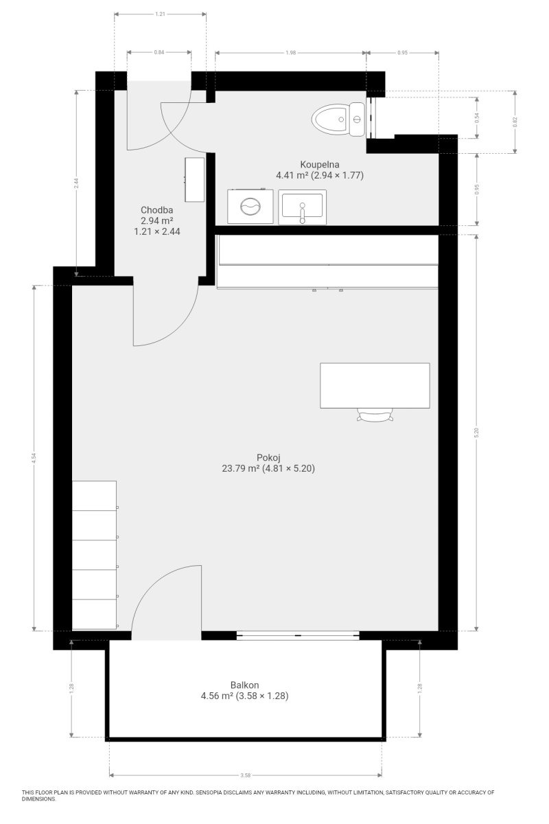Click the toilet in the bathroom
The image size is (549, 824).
click(x=338, y=119)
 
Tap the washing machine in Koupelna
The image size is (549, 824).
click(x=250, y=206)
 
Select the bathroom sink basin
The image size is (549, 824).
click(x=302, y=207)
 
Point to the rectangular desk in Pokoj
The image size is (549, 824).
click(x=375, y=385)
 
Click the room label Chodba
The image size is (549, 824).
click(x=156, y=210)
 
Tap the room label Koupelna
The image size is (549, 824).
click(x=320, y=164)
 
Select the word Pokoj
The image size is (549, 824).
click(x=268, y=457)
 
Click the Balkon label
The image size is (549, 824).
click(x=244, y=685)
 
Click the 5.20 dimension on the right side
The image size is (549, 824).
click(x=476, y=433)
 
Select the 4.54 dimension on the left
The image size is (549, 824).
click(x=34, y=458)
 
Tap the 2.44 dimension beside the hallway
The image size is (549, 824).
click(x=76, y=183)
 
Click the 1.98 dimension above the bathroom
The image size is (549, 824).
click(x=290, y=53)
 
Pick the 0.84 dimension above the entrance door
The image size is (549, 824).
click(x=159, y=52)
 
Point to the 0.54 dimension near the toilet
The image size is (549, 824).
click(x=477, y=117)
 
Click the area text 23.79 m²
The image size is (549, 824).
click(x=241, y=468)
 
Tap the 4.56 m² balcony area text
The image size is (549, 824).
click(x=217, y=696)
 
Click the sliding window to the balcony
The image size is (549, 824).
click(x=298, y=635)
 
